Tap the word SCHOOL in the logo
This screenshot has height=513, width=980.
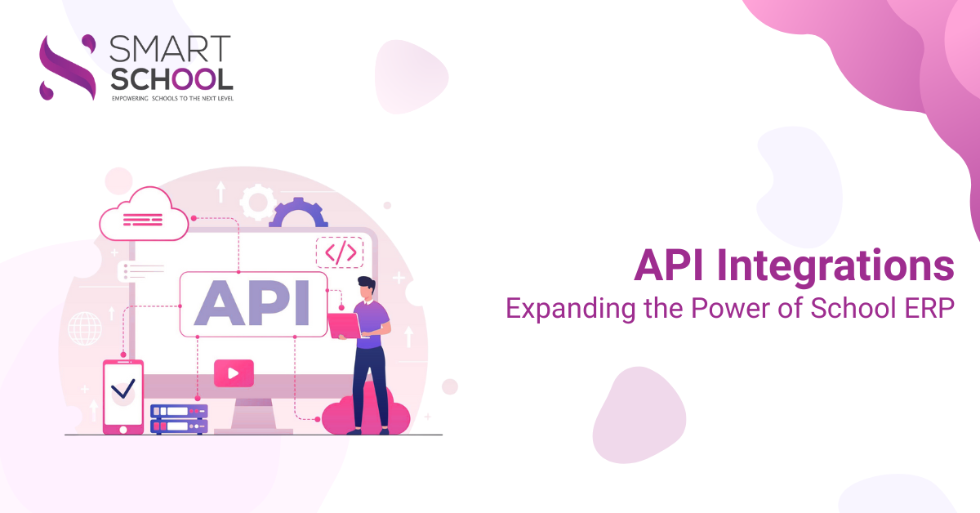click(x=171, y=78)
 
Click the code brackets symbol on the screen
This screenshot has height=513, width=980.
click(x=340, y=253)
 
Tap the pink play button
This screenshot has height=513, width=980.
click(x=234, y=373)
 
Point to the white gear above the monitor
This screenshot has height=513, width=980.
click(x=259, y=201)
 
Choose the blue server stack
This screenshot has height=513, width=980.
click(x=179, y=418)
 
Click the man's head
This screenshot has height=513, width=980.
click(x=367, y=287)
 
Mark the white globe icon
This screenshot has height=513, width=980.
click(x=85, y=328)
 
